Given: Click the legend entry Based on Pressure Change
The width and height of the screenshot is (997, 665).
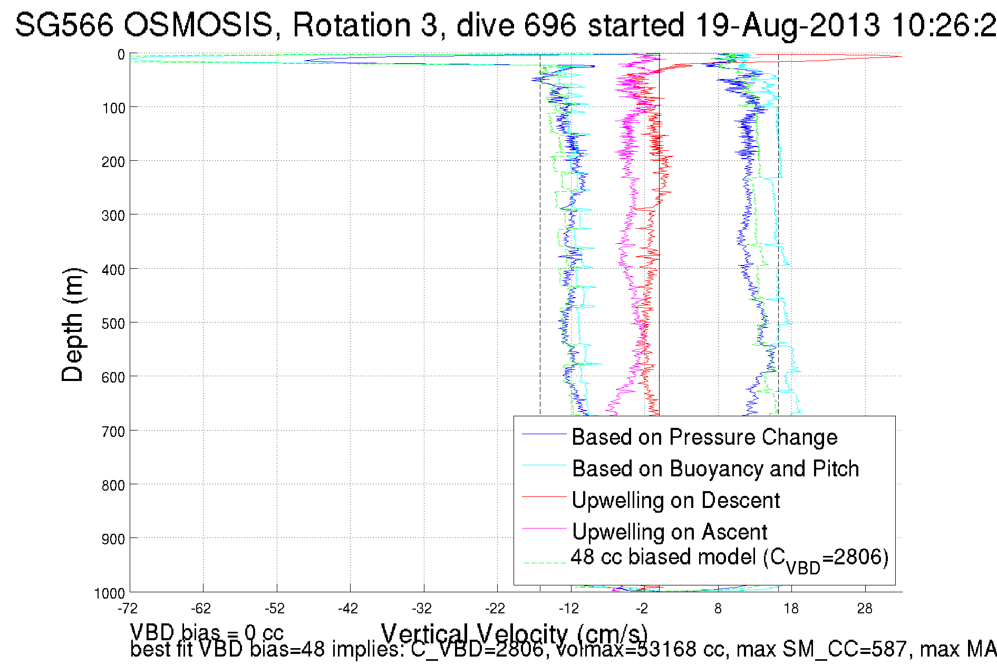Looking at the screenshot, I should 704,437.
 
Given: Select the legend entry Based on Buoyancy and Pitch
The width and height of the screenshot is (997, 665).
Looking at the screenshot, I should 715,469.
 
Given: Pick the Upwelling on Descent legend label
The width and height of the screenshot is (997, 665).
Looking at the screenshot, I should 675,501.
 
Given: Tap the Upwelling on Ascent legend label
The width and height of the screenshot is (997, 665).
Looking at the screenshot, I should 669,532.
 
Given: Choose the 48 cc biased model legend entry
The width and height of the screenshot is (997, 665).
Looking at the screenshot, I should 729,558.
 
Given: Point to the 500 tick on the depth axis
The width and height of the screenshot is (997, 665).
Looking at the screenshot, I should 113,324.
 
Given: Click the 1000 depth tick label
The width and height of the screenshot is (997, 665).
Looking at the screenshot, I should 109,593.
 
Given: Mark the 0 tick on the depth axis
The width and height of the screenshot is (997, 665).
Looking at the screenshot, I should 121,55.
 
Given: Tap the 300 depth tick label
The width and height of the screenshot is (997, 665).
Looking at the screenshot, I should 113,216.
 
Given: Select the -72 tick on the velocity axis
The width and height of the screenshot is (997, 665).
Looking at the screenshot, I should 128,609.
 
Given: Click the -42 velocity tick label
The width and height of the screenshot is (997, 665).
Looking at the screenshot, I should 348,609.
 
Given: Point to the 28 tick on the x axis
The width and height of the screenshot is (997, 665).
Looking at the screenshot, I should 865,609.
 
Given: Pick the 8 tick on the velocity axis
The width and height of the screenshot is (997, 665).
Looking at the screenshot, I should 718,609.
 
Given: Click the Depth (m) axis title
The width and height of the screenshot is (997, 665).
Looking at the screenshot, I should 72,325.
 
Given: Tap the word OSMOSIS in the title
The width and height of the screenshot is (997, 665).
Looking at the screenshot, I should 200,25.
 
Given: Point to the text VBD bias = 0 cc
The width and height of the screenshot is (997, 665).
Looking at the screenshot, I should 207,632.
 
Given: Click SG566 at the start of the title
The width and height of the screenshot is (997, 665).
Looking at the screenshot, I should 64,25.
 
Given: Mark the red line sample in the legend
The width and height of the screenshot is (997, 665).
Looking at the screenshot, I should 544,496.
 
